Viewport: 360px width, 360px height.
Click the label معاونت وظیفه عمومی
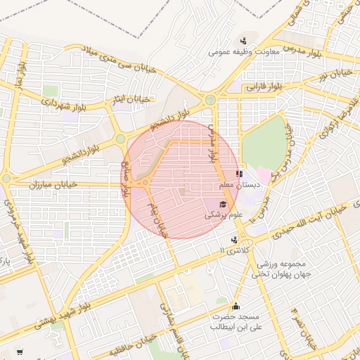[x=244, y=52]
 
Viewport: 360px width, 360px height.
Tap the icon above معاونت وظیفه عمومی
[x=243, y=41]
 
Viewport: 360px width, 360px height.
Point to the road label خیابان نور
[x=332, y=72]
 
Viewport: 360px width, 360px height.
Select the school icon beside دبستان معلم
[x=239, y=174]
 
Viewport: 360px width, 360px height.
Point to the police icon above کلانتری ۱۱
[x=234, y=239]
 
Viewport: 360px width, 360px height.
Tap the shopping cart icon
[x=19, y=352]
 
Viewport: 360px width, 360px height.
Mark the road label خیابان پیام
[x=159, y=217]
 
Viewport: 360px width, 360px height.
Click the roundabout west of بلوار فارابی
[x=210, y=99]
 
